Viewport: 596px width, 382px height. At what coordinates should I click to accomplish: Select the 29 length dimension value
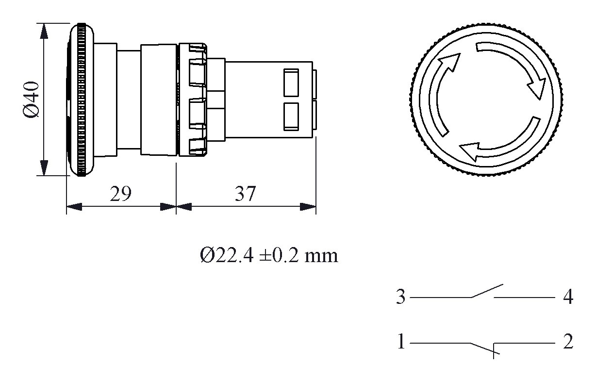tap(120, 194)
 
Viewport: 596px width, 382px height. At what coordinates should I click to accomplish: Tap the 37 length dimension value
tap(245, 194)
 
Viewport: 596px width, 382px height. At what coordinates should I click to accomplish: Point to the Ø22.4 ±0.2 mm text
tap(268, 254)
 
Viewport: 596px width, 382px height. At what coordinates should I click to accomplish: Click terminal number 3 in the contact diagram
tap(400, 297)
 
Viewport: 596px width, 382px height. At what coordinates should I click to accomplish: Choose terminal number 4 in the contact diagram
tap(568, 297)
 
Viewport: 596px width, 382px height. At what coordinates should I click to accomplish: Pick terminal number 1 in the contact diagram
tap(401, 342)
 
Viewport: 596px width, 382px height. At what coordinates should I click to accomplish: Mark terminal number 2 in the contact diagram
tap(568, 342)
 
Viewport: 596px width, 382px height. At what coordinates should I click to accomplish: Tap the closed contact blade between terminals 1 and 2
tap(482, 347)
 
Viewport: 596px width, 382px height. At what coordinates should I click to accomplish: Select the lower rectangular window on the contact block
tap(290, 116)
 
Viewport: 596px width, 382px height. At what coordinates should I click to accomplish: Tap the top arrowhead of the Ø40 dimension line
tap(44, 30)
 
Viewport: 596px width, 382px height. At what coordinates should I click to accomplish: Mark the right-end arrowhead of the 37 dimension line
tap(309, 207)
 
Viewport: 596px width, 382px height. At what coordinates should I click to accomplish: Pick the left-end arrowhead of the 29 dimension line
tap(73, 207)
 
